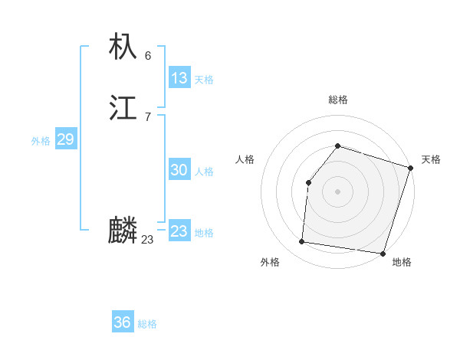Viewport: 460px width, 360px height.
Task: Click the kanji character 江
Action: [123, 109]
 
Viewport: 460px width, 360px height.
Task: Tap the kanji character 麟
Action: [123, 231]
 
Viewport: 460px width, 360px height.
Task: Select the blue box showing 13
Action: [179, 78]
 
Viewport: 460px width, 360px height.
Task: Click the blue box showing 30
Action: [179, 170]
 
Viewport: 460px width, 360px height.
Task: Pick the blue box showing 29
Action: [65, 139]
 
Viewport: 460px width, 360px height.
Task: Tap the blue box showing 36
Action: [123, 322]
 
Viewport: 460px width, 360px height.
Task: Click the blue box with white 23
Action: [179, 231]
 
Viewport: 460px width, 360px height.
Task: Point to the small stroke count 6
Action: [148, 55]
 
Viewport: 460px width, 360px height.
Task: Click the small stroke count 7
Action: [148, 117]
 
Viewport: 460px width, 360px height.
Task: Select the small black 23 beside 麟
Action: [147, 240]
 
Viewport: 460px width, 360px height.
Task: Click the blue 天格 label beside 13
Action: [204, 80]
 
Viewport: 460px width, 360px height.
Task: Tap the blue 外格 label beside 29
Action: [41, 141]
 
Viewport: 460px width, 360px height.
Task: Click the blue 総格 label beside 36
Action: [147, 324]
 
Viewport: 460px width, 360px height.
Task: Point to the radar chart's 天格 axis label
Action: [431, 159]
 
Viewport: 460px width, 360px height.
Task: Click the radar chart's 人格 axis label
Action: [245, 159]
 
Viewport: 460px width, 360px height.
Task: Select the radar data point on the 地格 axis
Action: [383, 253]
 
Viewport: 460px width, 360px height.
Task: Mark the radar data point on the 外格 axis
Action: [302, 242]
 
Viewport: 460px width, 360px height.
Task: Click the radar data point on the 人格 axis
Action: [308, 182]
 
